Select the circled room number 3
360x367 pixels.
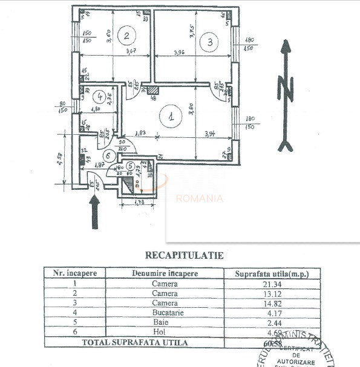click(209, 42)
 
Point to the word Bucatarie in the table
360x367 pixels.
click(165, 313)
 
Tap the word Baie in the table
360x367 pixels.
click(165, 322)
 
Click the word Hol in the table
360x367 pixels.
click(165, 332)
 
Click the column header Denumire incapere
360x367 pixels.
click(165, 273)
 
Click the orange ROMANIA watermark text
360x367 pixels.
click(199, 198)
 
